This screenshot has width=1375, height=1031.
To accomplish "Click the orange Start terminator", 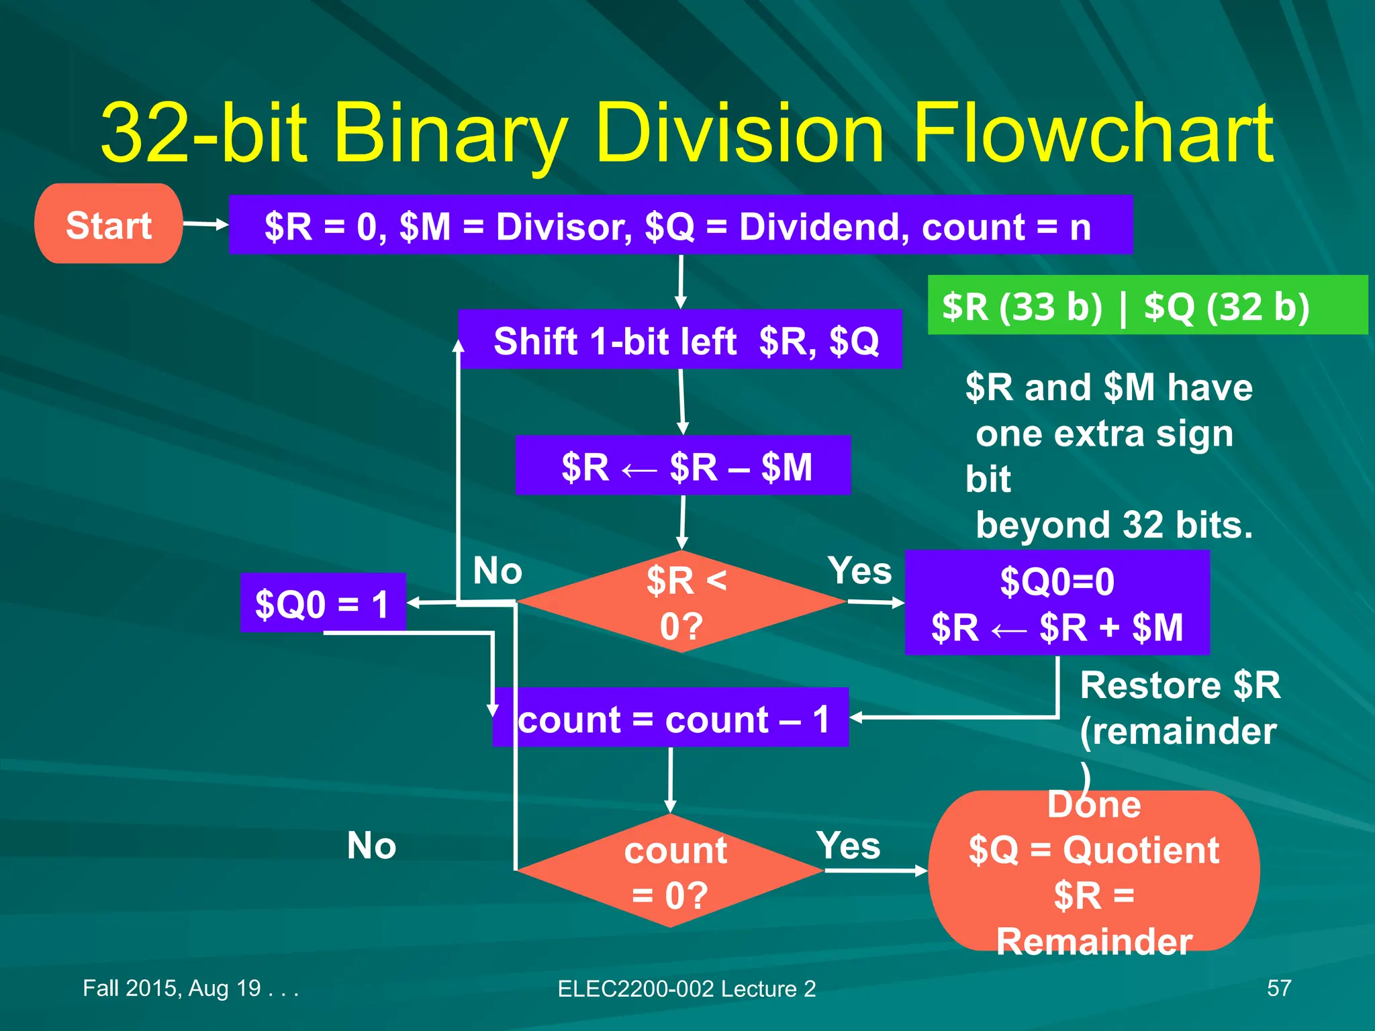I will pos(108,224).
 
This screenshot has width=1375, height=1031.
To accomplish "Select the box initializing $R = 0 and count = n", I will pos(680,226).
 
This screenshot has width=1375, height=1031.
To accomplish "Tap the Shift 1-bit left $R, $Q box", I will pos(680,340).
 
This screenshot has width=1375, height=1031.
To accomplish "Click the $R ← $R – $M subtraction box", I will pos(683,466).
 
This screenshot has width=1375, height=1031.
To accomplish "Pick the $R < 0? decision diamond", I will pos(681,602).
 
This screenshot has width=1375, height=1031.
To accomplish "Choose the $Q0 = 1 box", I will pos(323,603).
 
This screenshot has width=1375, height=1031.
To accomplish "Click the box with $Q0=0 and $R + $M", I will pos(1057,603).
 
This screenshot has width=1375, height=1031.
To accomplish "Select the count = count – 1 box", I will pos(671,718).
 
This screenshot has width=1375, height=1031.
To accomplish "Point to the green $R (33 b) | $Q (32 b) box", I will pos(1147,305).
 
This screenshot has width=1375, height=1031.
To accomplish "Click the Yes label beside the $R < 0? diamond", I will pos(859,571).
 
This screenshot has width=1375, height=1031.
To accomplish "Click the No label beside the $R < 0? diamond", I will pos(497,571).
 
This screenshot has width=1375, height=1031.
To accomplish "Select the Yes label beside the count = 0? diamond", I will pos(848,845).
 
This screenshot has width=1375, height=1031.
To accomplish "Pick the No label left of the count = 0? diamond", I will pos(371,845).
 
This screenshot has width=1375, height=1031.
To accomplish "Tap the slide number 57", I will pos(1278,988).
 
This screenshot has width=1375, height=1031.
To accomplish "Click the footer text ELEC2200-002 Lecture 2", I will pos(686,989).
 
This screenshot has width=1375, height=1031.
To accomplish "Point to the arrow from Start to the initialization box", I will pos(205,224).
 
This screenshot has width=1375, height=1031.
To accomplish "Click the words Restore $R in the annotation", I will pos(1180,686).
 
